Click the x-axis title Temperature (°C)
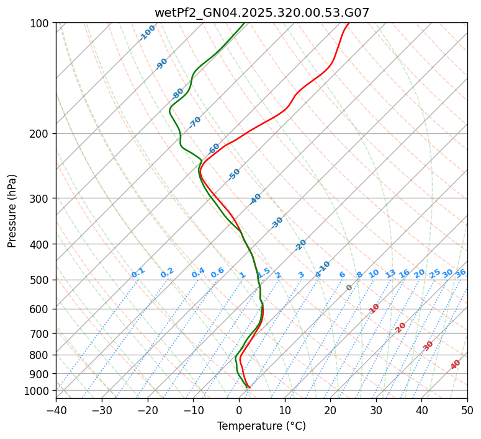(x=261, y=426)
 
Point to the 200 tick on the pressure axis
(x=40, y=134)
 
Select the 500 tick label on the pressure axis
(x=40, y=280)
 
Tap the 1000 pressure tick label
(x=38, y=391)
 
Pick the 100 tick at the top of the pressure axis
(x=40, y=24)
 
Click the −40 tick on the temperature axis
(x=56, y=410)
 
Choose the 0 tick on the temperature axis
(x=239, y=410)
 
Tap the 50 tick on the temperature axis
(x=467, y=410)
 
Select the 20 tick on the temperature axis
(x=330, y=410)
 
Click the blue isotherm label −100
(x=147, y=33)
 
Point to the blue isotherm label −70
(x=195, y=122)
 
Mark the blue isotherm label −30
(x=277, y=223)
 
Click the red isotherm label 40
(x=456, y=365)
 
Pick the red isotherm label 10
(x=374, y=308)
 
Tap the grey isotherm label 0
(x=349, y=288)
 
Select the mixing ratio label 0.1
(x=138, y=273)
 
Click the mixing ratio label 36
(x=461, y=273)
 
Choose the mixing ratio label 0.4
(x=198, y=273)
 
